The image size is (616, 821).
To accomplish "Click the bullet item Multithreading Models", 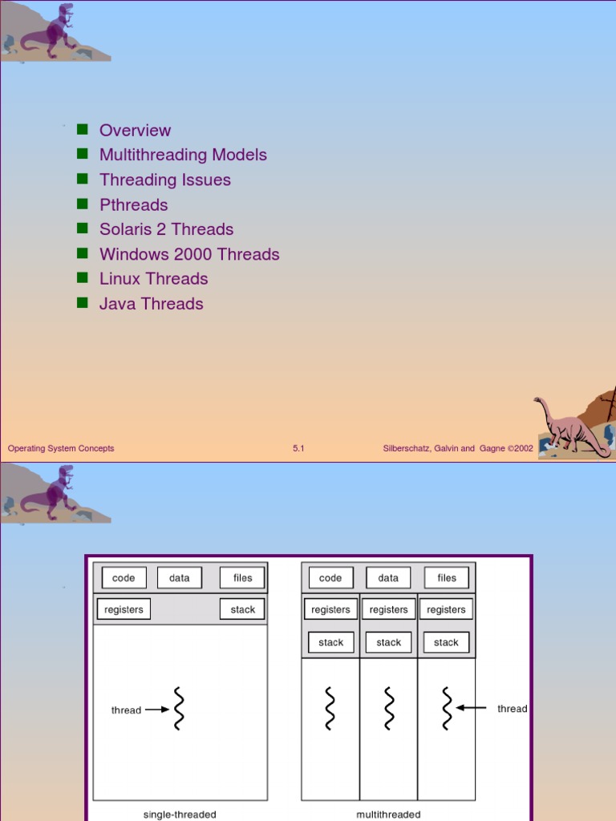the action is coord(183,155).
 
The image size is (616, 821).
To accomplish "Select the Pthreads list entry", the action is coord(133,204).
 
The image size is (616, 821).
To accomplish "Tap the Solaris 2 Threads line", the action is coord(166,229).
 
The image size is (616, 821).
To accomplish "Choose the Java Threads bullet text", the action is coord(151,304).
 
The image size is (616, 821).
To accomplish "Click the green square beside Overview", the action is coord(82,129).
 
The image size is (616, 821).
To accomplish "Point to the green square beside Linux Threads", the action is coord(82,277).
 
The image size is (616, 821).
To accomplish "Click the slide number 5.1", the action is coord(298,448).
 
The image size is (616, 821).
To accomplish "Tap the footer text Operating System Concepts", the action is coord(61,448).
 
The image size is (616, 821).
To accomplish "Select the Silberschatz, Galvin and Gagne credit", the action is coord(458,448).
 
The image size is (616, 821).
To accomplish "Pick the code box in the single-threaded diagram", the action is coord(124,577).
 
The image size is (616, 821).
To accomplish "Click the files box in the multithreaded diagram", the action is coord(447,577).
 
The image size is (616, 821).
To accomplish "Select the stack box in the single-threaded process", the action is coord(242,609).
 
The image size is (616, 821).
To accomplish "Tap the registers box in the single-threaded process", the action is coord(124,609).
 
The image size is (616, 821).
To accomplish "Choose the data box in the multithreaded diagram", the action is coord(388,577).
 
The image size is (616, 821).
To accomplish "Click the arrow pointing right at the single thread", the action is coord(157,710).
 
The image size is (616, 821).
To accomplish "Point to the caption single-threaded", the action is coord(180,815).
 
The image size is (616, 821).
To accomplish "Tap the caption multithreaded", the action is coord(388,815).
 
